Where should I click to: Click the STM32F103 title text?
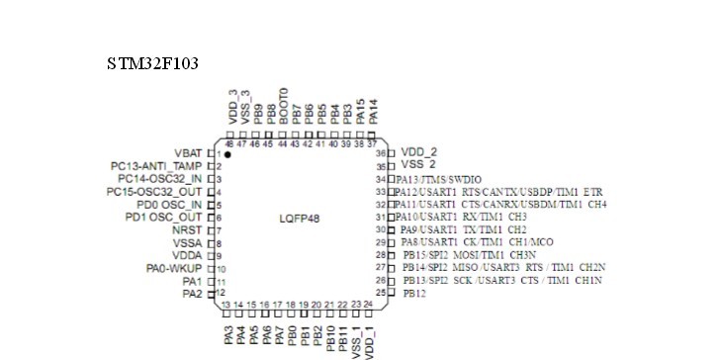153,64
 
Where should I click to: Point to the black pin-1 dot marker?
227,154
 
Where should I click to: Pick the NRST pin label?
187,229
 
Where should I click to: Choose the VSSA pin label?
187,242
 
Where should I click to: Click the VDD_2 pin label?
419,152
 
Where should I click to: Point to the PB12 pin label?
416,294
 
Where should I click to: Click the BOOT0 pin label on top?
284,104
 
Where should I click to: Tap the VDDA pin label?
187,255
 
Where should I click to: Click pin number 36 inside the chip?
379,153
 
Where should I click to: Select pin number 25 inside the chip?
379,294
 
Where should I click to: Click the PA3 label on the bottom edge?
228,335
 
